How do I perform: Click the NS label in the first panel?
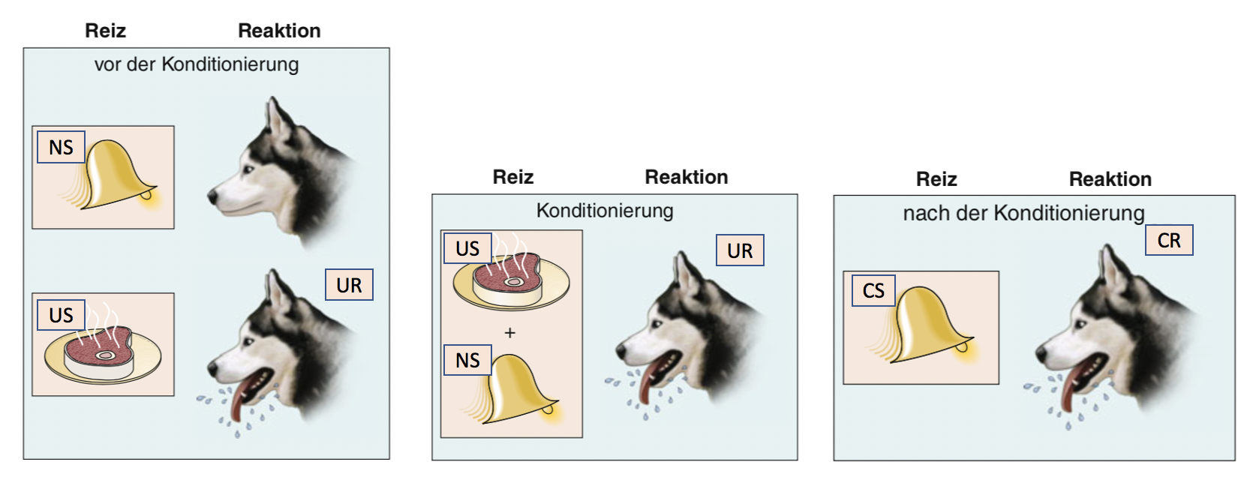tap(61, 147)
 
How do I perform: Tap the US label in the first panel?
tap(61, 316)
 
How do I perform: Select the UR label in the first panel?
tap(349, 285)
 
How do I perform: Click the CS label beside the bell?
tap(873, 290)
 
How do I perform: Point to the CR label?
tap(1169, 240)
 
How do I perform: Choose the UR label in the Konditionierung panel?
tap(740, 250)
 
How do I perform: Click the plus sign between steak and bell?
tap(509, 333)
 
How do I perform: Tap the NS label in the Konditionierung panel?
tap(467, 360)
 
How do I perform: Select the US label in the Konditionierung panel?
tap(467, 247)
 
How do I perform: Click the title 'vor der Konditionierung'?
tap(197, 64)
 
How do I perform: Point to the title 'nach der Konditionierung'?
tap(1023, 213)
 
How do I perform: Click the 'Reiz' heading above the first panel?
tap(105, 30)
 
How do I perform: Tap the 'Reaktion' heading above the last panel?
tap(1110, 179)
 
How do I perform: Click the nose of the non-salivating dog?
tap(212, 196)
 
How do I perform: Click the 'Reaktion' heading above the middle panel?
tap(687, 177)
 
